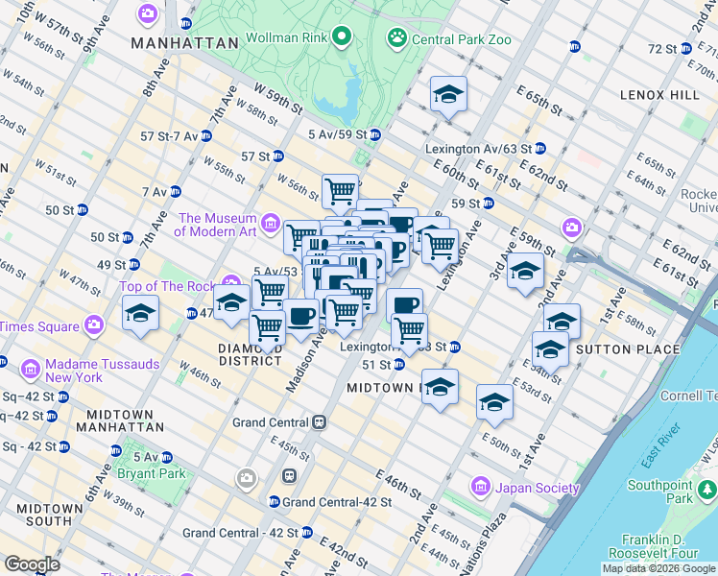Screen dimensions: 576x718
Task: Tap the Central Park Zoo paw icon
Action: [x=396, y=38]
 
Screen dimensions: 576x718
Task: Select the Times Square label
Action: [x=38, y=326]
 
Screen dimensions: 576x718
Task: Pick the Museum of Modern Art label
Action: [x=215, y=225]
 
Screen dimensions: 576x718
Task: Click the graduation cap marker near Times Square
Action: [x=140, y=313]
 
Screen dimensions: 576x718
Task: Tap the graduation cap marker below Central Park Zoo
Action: [x=448, y=94]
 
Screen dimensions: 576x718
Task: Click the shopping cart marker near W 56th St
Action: [x=340, y=191]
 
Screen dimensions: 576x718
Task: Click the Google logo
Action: [x=32, y=564]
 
